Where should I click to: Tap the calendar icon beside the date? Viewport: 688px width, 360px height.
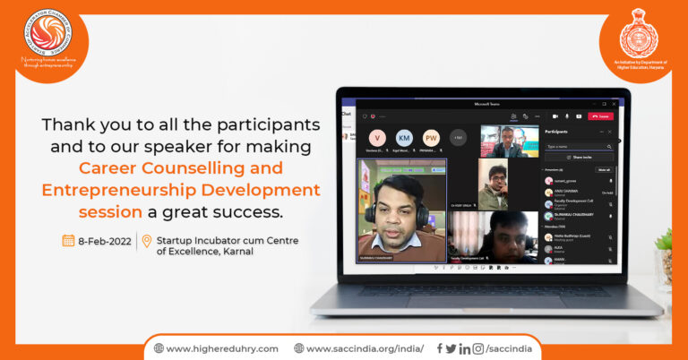click(68, 240)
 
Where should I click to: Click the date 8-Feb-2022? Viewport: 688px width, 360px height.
click(104, 241)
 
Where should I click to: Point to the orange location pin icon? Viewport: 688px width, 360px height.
click(147, 241)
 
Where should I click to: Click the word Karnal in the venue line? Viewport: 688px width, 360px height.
click(236, 252)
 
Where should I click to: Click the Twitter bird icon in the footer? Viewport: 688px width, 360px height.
click(451, 348)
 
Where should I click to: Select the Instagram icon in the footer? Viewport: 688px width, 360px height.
click(478, 348)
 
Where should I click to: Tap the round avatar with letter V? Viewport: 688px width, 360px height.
click(379, 138)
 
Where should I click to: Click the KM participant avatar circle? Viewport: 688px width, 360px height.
click(404, 138)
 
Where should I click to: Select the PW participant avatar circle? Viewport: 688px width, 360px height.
click(431, 138)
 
